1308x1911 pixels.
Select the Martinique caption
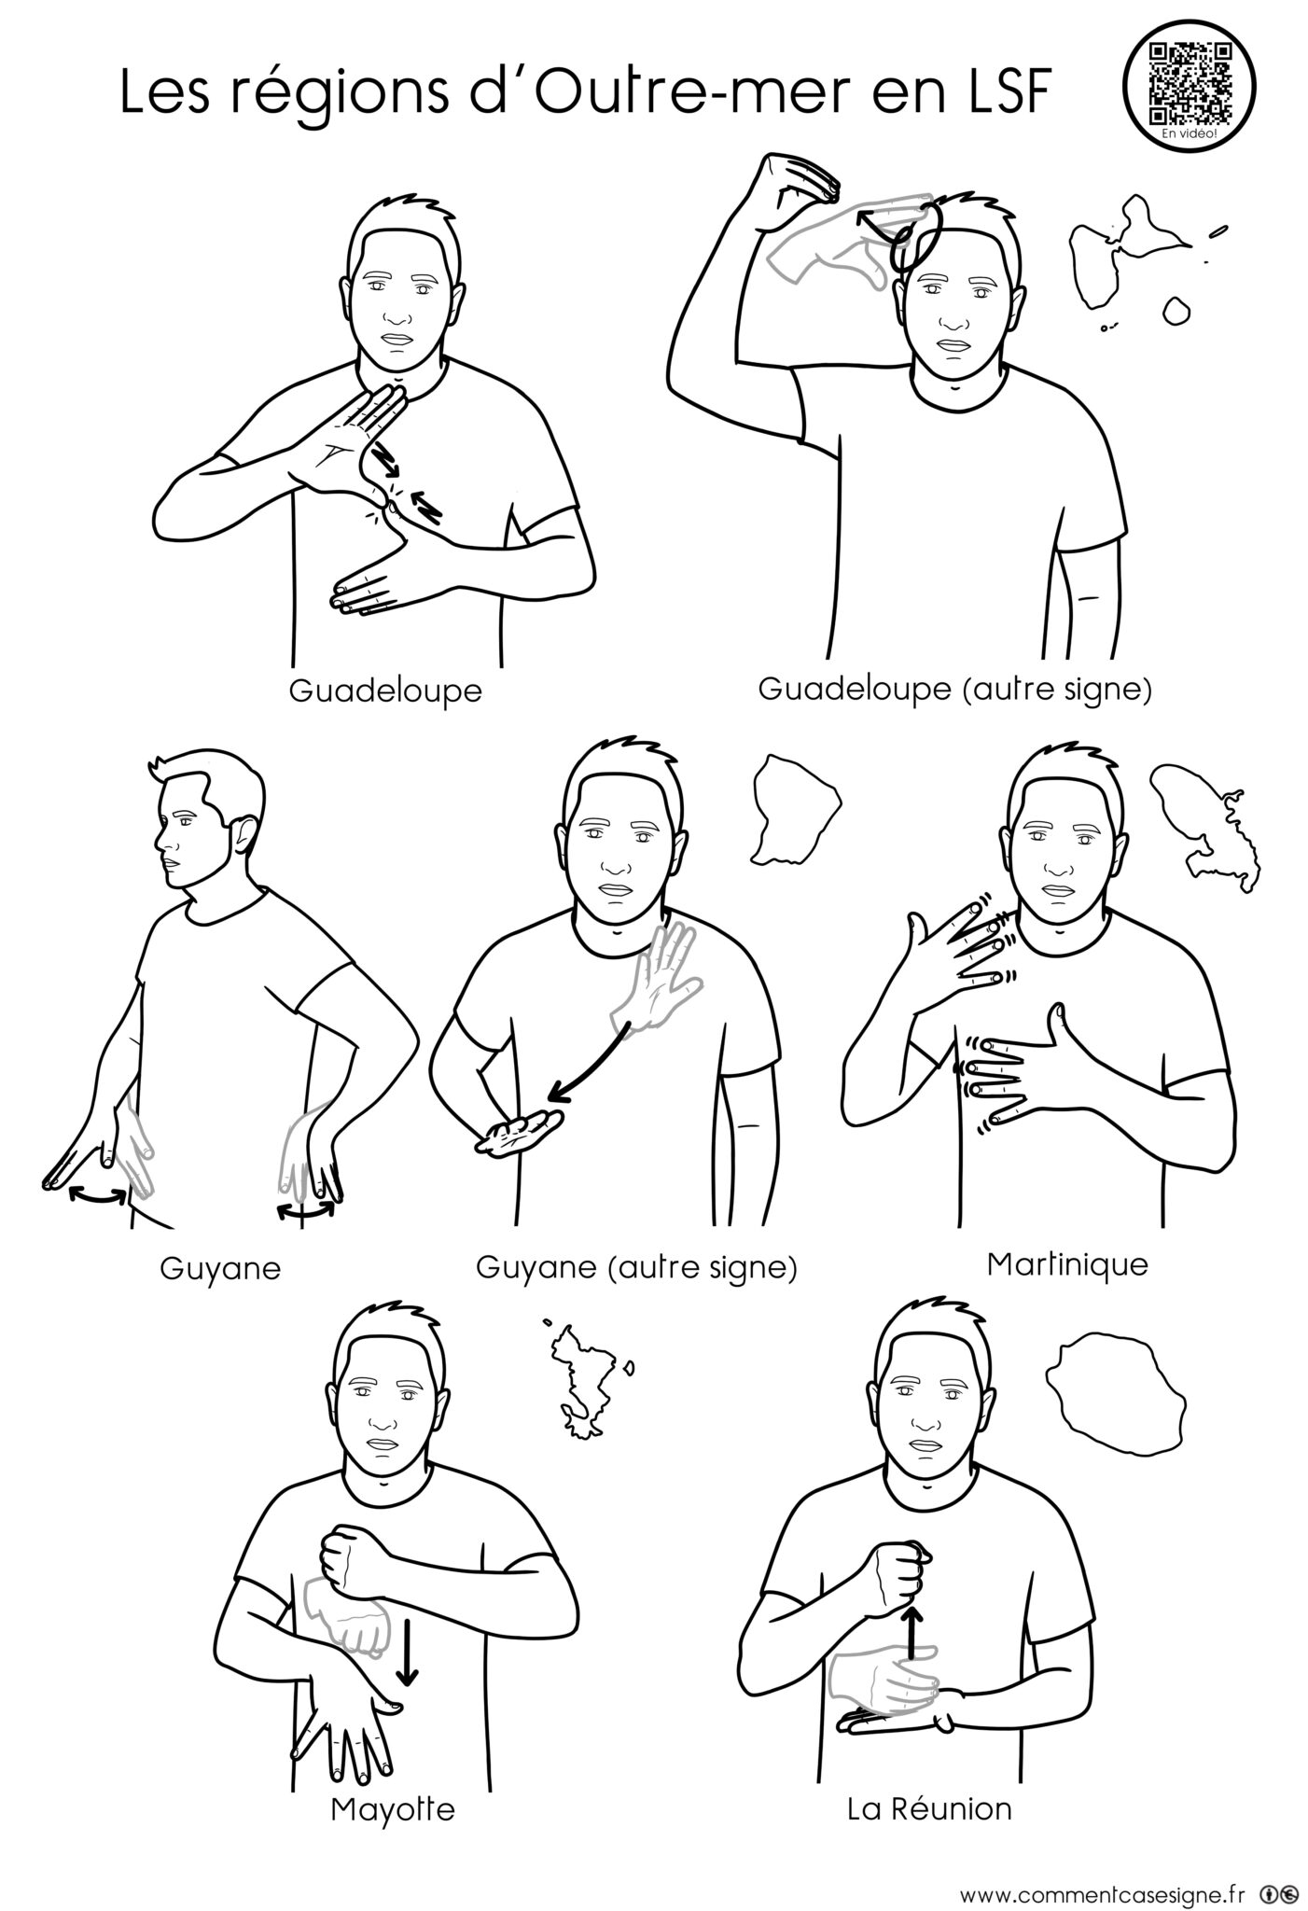pos(1067,1265)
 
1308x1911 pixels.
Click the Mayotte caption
pos(393,1810)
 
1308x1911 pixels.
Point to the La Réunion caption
pos(929,1809)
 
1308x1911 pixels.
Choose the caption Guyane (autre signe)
pos(636,1268)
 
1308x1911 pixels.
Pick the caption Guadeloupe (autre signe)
pos(954,690)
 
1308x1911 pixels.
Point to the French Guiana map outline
pos(795,808)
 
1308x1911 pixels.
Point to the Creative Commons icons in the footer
pos(1278,1887)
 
